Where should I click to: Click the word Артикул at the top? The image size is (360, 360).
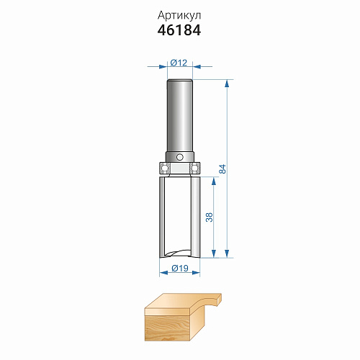179,16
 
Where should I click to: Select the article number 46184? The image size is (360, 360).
179,30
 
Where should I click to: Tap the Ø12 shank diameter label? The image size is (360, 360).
179,63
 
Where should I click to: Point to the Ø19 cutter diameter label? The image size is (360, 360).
180,268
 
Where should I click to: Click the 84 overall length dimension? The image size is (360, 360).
222,168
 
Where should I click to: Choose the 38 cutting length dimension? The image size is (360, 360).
210,217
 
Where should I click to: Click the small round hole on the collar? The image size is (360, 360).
179,157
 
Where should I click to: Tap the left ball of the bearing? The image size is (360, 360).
164,168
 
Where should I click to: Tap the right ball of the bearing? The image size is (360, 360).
195,168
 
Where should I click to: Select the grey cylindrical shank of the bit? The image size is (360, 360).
180,116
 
